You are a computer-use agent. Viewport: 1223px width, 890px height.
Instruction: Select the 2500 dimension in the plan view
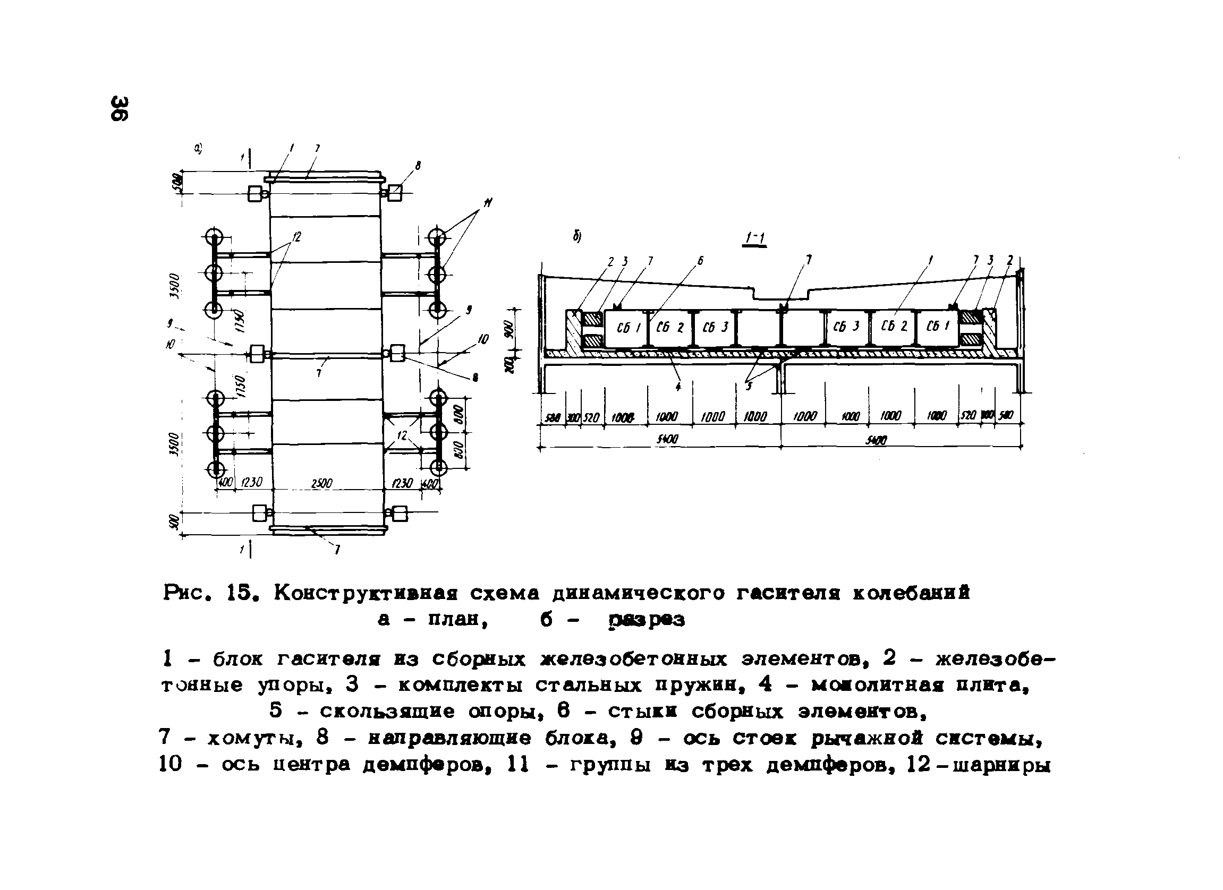coord(322,484)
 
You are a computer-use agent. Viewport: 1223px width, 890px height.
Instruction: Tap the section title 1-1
coord(755,238)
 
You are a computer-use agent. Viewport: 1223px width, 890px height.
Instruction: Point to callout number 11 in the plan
coord(488,203)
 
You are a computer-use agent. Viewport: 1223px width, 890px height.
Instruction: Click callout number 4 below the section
coord(678,386)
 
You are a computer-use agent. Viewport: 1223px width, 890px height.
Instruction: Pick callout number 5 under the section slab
coord(748,386)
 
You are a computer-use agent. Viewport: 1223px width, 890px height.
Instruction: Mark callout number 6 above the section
coord(700,261)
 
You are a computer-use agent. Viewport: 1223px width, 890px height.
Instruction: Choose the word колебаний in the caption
coord(911,594)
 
